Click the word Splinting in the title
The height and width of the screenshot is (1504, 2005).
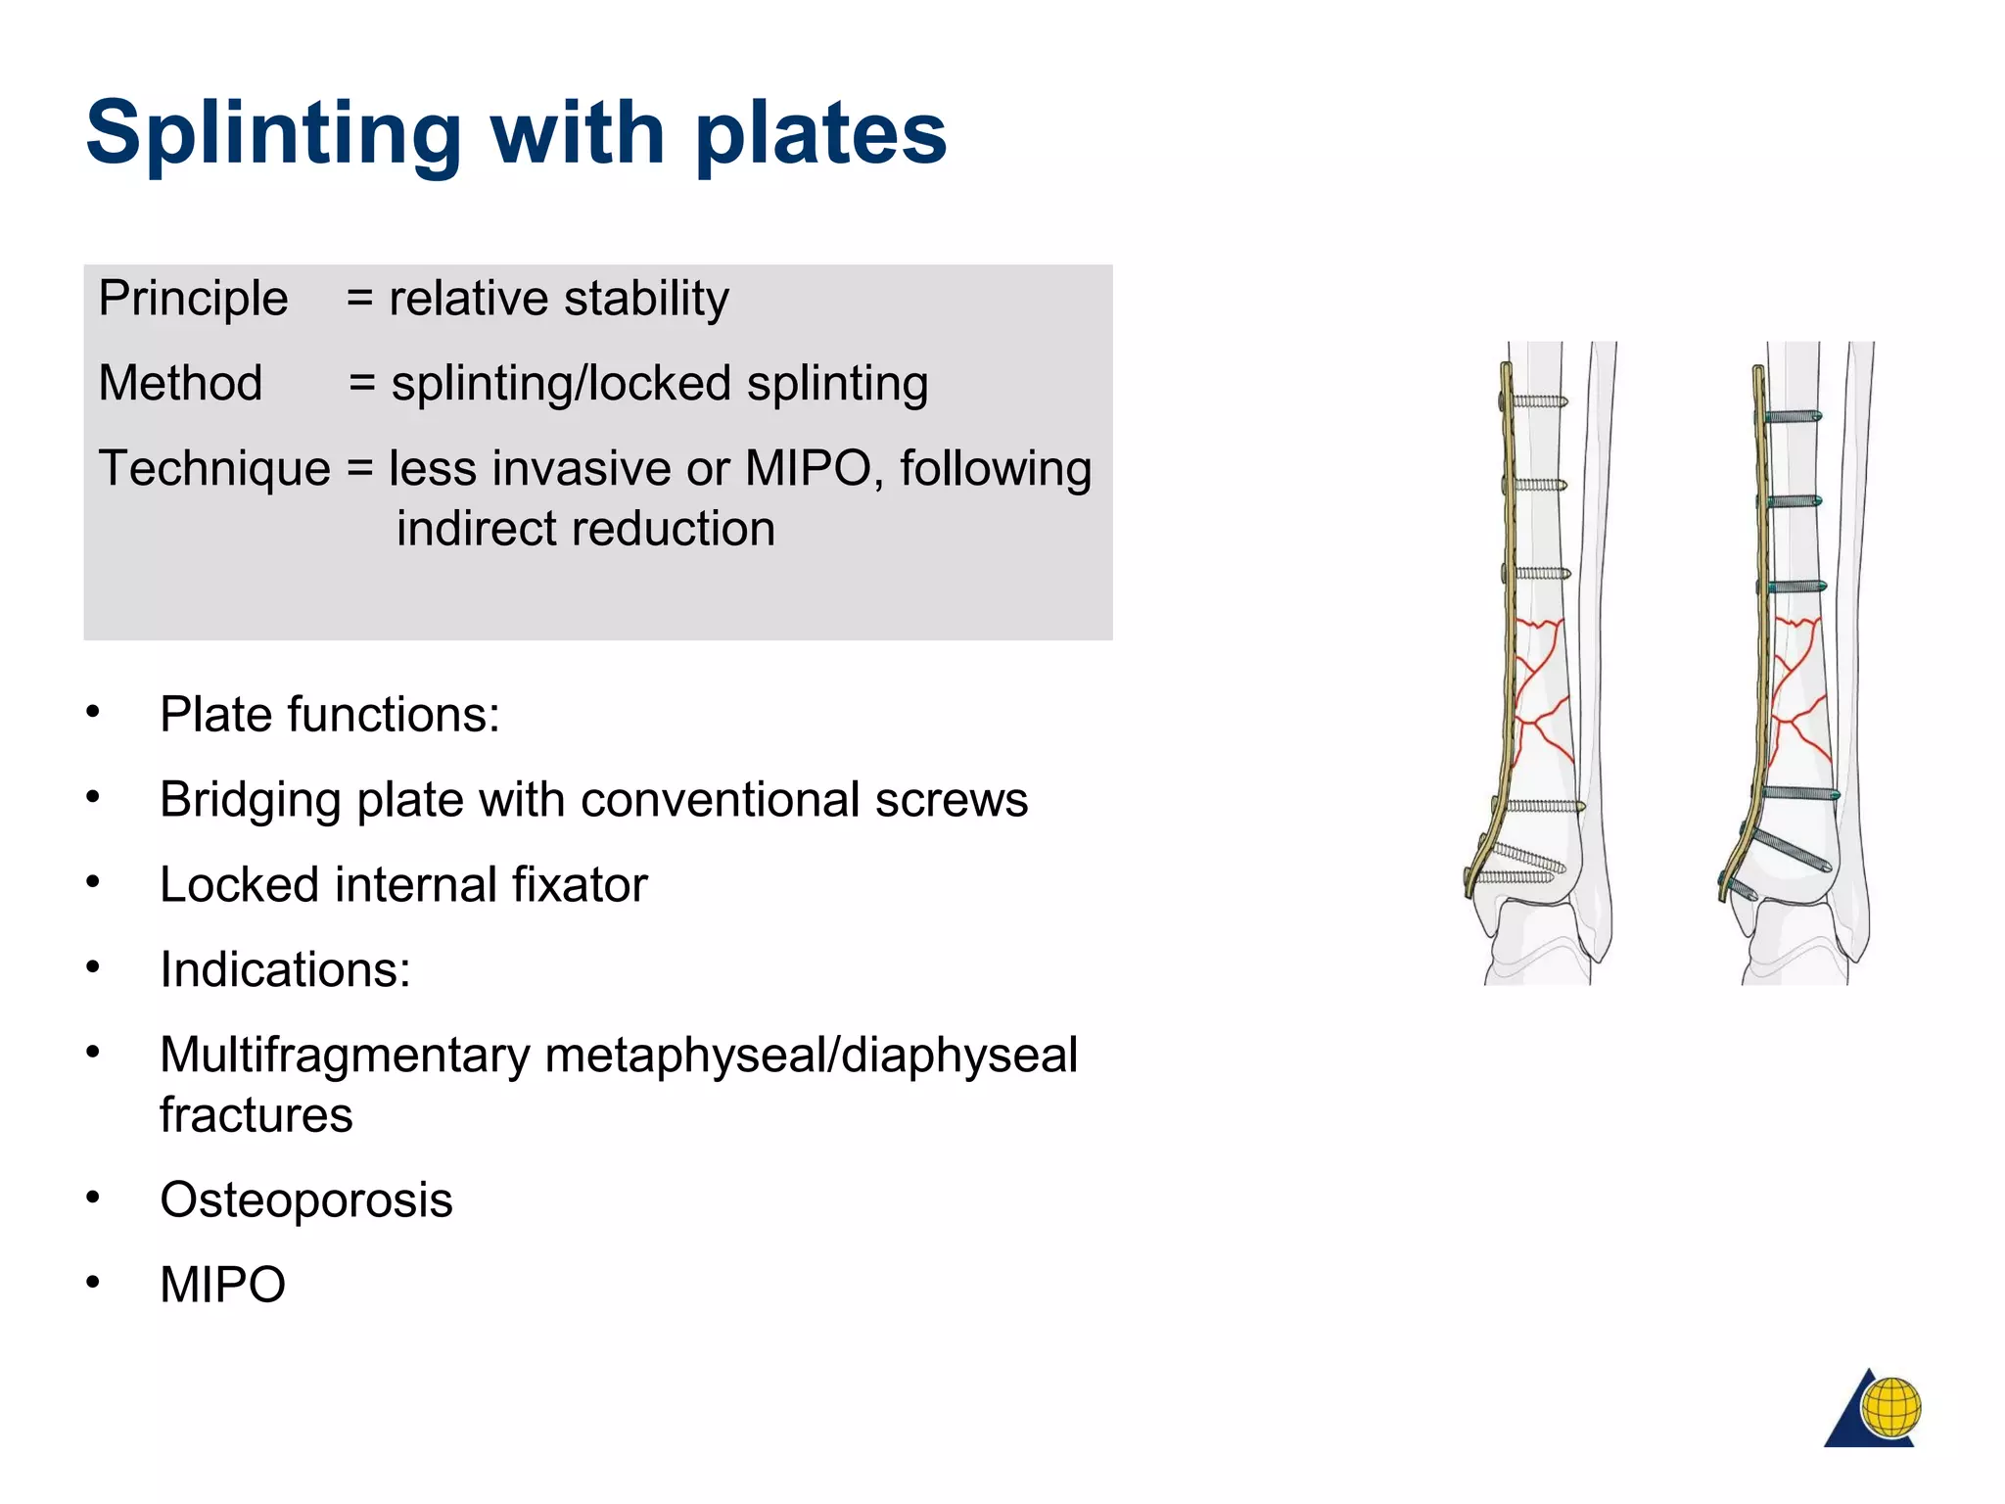point(273,134)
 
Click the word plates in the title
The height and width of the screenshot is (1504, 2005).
point(820,134)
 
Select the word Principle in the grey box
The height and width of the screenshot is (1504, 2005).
point(193,299)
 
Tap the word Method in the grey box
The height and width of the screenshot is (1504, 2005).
point(180,383)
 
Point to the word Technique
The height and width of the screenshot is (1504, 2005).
point(214,468)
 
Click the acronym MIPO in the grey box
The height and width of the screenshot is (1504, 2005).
point(808,468)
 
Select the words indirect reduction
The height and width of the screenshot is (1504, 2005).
point(585,529)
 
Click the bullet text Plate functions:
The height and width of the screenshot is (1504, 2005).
point(330,714)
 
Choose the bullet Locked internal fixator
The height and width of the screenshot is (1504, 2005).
point(403,884)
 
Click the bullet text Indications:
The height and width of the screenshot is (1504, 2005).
point(285,969)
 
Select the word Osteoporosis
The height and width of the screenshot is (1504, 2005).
point(305,1199)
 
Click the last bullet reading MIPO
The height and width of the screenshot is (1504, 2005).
point(222,1285)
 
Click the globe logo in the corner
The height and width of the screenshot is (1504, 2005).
point(1888,1407)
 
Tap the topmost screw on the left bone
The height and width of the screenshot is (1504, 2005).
point(1535,401)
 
